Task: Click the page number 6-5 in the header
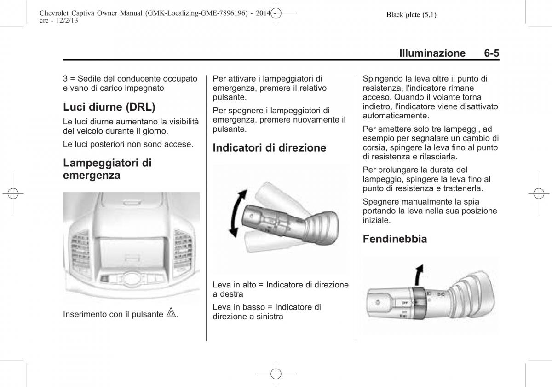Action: [491, 53]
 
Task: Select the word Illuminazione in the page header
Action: [432, 53]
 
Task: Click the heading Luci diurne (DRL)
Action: [109, 107]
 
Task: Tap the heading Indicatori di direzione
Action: [269, 148]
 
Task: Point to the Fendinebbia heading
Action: [395, 239]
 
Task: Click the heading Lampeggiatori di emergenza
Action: [108, 169]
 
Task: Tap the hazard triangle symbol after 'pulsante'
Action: [171, 314]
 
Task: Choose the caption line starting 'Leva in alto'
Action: [281, 285]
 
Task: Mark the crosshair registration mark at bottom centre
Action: [276, 374]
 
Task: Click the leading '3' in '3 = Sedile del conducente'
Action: [65, 78]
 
